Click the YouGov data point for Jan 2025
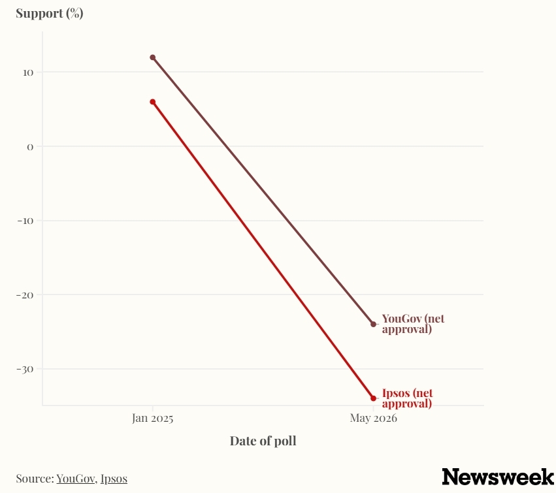coord(152,57)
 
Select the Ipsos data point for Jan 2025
coord(152,102)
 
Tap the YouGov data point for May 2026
coord(373,325)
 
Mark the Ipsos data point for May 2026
coord(373,398)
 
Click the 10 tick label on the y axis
coord(28,72)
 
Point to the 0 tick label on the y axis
coord(30,147)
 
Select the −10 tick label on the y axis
coord(25,221)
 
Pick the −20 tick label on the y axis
coord(25,295)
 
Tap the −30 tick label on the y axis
coord(25,370)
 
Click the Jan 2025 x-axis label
coord(152,418)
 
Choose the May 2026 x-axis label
coord(373,418)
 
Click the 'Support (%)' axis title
coord(50,13)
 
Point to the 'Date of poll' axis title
coord(263,441)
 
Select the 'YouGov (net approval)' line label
coord(413,324)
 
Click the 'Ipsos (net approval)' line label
coord(408,398)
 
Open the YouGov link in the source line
coord(76,479)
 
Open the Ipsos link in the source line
coord(114,479)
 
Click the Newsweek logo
coord(498,477)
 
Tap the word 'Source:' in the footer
coord(35,479)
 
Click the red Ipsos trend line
coord(263,250)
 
